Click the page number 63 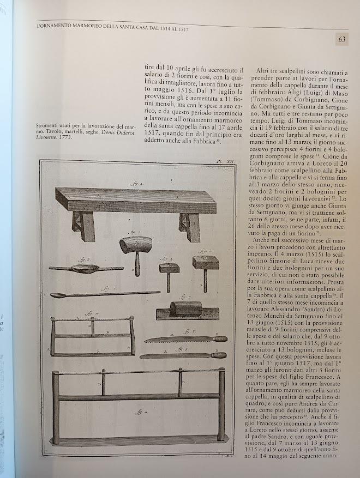pyautogui.click(x=341, y=39)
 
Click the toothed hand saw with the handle pyautogui.click(x=185, y=339)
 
